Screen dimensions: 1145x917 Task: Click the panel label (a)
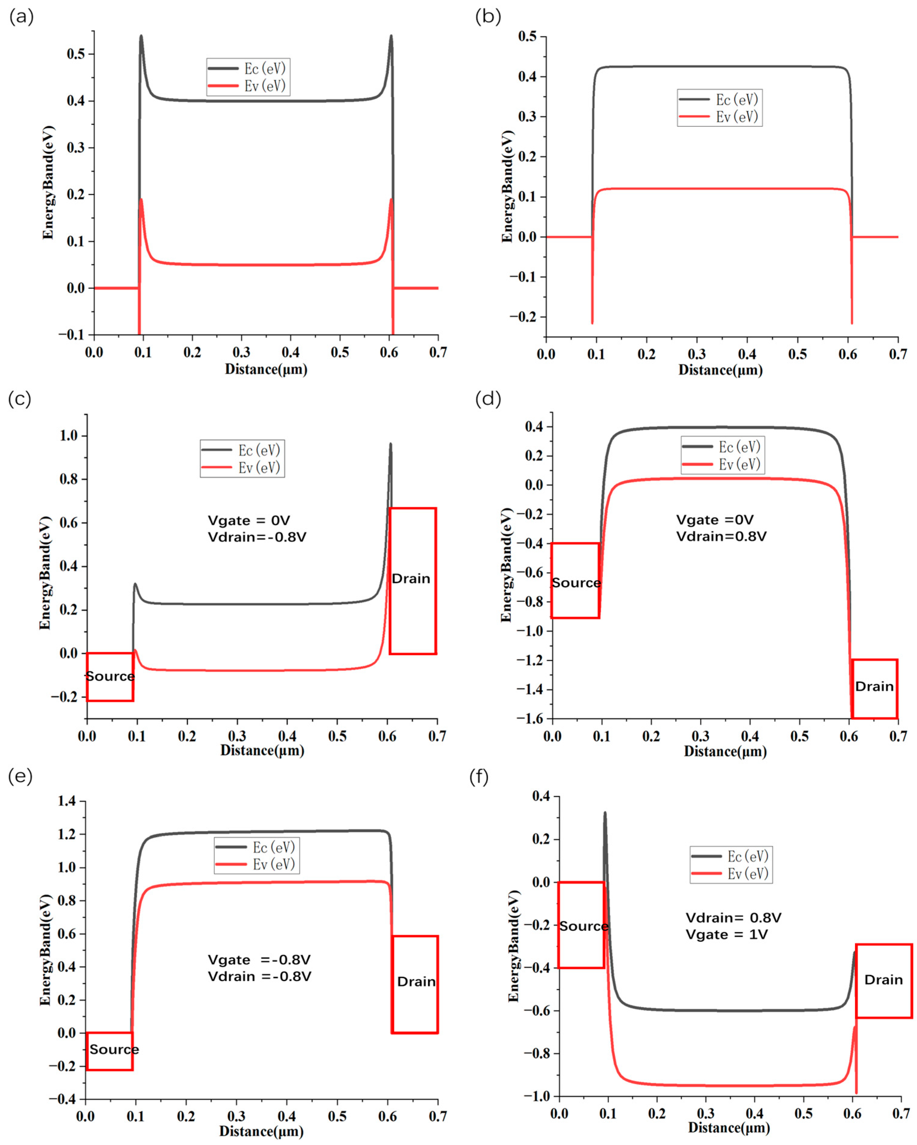[21, 18]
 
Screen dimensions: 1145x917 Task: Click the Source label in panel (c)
[110, 676]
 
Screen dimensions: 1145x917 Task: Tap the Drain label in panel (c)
[411, 578]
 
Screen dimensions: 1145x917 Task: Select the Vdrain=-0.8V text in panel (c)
[257, 537]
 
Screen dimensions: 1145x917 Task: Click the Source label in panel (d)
[576, 582]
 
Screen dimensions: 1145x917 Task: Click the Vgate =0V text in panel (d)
[715, 520]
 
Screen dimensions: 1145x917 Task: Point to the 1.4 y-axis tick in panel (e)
[67, 801]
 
